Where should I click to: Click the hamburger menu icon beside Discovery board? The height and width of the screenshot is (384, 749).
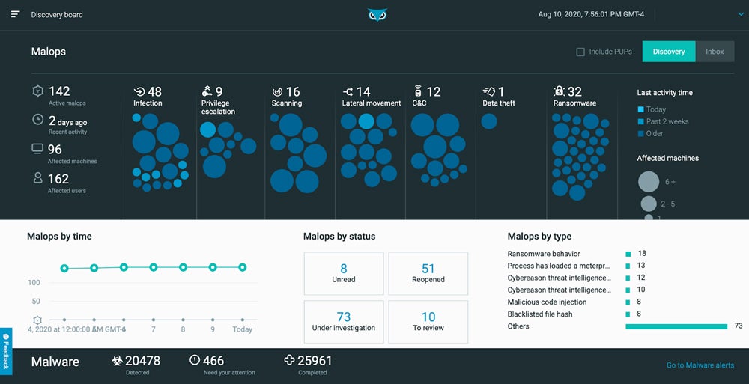click(16, 14)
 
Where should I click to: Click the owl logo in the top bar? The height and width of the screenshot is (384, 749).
click(377, 15)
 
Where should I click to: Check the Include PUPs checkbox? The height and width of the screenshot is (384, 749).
click(580, 52)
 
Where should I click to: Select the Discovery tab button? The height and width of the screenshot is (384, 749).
click(668, 52)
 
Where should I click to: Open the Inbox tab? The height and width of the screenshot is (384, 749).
click(715, 52)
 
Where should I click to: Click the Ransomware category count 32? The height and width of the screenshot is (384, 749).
click(574, 92)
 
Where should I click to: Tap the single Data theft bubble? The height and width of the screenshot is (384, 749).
click(489, 121)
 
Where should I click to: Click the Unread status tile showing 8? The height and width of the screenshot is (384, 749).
click(344, 272)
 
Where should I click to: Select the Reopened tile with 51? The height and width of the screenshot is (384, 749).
click(428, 272)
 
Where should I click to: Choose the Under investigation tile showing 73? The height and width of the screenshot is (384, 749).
click(344, 321)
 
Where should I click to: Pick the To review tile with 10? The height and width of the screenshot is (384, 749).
click(428, 321)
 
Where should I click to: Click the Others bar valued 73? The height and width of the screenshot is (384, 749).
click(676, 326)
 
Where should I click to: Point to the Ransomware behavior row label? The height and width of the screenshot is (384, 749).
click(544, 254)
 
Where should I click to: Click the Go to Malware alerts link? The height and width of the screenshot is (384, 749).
click(700, 365)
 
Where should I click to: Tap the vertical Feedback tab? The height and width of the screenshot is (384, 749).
click(6, 350)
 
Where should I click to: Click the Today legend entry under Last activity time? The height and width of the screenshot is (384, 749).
click(655, 109)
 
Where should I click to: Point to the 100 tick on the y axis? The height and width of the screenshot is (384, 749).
click(34, 282)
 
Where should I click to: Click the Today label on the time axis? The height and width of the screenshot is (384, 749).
click(242, 329)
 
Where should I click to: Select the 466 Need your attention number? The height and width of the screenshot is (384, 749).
click(213, 361)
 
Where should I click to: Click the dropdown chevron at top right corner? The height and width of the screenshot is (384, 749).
click(741, 14)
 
